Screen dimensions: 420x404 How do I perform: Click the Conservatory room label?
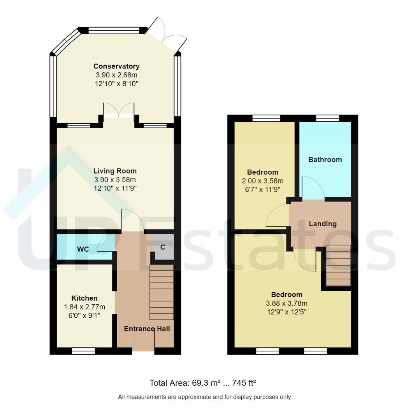click(116, 66)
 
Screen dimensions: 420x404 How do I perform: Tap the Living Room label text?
click(115, 171)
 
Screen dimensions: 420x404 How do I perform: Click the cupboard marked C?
click(163, 247)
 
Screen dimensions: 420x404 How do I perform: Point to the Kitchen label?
click(84, 298)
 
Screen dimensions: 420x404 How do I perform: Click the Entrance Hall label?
click(147, 329)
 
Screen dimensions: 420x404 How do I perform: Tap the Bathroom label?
click(325, 159)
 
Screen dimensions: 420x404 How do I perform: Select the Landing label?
click(322, 224)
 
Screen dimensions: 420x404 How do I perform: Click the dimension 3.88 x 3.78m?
click(286, 303)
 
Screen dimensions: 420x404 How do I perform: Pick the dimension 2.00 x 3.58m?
click(263, 181)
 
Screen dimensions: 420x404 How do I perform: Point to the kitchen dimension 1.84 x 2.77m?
click(84, 307)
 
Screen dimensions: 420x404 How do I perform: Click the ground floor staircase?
click(161, 292)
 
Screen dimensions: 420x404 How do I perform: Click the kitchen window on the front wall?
click(84, 351)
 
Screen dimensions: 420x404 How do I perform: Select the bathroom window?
click(327, 118)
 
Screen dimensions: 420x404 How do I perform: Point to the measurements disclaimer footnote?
click(204, 397)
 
